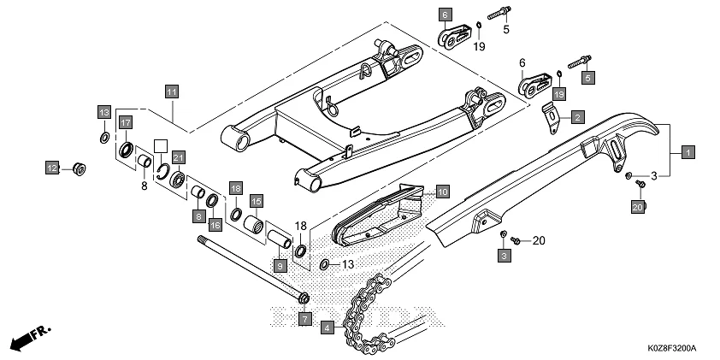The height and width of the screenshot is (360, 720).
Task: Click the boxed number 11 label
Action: coord(172,91)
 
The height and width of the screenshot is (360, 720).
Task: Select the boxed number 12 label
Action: coord(52,167)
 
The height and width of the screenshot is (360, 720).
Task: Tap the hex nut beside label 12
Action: coord(75,167)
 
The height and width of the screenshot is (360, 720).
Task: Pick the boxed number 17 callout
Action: coord(125,122)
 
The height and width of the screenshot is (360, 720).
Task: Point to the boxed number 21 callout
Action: coord(179,156)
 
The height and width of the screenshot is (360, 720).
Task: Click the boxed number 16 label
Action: coord(215,224)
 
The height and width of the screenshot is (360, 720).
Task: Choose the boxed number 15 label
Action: coord(256,201)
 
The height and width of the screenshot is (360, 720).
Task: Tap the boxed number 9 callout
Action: coord(280,266)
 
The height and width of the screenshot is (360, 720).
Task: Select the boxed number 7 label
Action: coord(304,319)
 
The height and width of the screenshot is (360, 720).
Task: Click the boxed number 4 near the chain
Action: coord(328,327)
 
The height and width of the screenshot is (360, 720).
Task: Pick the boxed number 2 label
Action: coord(578,116)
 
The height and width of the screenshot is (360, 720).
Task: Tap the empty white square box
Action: coord(159,145)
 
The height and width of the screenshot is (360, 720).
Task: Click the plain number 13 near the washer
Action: coord(348,265)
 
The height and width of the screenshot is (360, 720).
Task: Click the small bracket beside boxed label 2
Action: coord(552,121)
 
